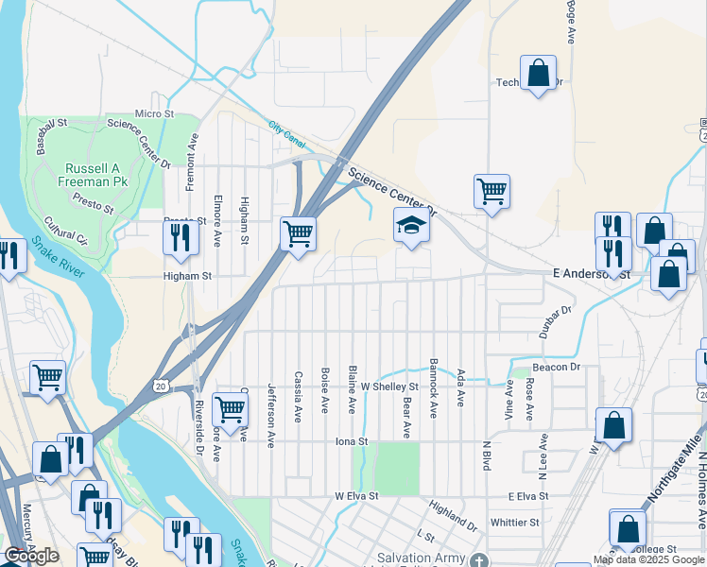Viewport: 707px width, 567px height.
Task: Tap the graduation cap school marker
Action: click(410, 227)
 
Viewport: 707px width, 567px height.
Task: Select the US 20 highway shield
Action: click(162, 386)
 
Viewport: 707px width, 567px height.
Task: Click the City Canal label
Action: click(287, 133)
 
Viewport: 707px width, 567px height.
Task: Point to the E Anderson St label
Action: click(591, 273)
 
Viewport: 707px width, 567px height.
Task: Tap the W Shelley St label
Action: click(388, 387)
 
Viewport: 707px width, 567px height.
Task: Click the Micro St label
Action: click(154, 113)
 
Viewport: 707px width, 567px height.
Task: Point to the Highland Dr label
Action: click(453, 515)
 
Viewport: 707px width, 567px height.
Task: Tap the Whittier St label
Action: click(514, 522)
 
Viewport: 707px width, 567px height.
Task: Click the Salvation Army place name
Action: click(421, 558)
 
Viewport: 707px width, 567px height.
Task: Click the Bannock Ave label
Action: click(433, 387)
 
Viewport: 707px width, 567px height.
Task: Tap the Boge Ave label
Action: click(571, 23)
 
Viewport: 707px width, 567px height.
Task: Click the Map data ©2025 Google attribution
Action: click(648, 559)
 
